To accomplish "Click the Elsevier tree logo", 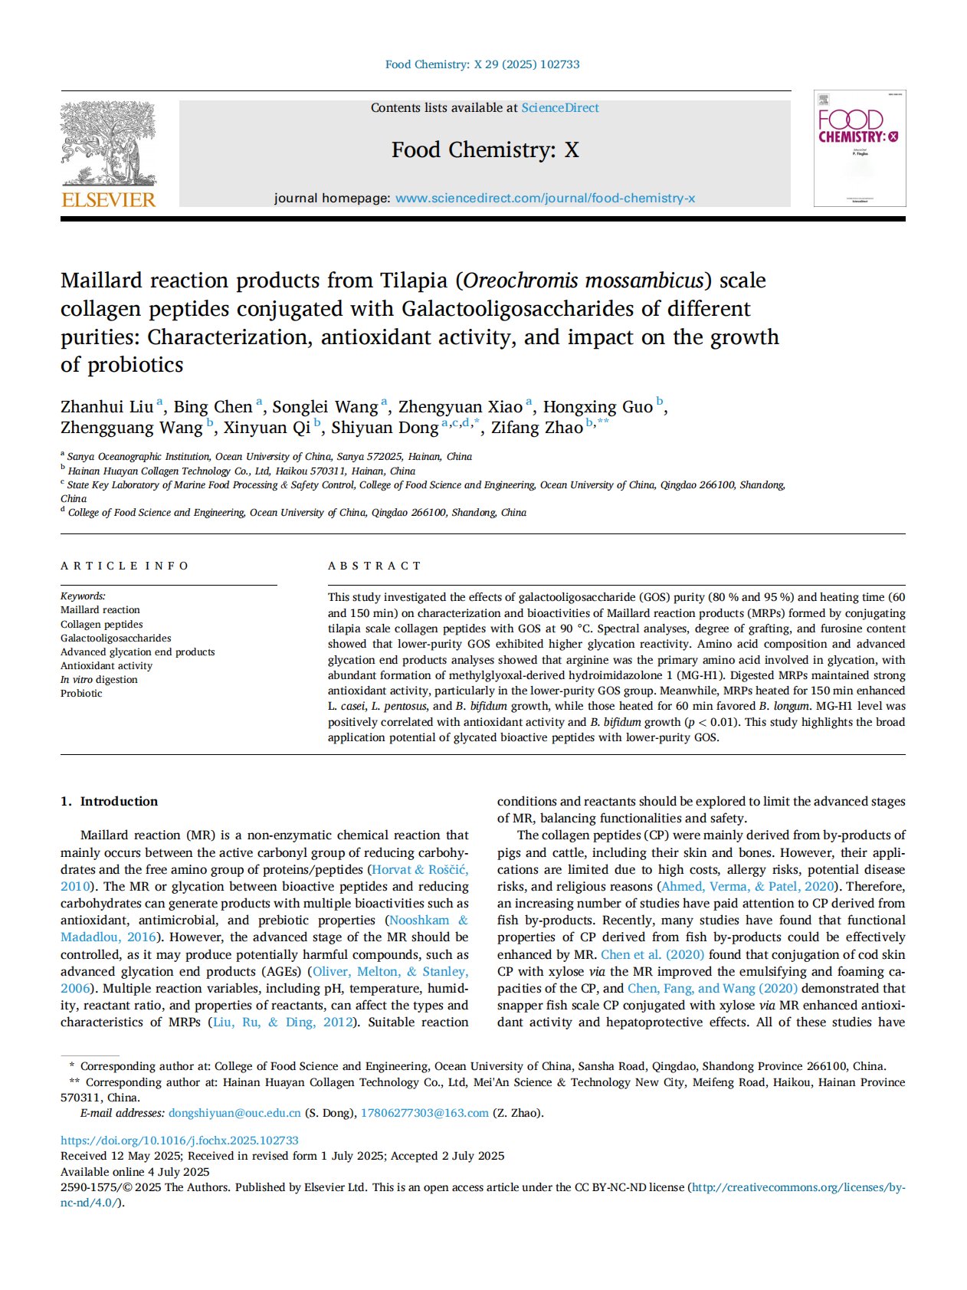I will [x=108, y=143].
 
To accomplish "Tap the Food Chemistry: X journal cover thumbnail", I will [x=859, y=149].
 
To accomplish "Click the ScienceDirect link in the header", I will [x=560, y=108].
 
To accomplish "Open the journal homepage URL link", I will [x=545, y=199].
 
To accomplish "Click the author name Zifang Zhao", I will [x=537, y=428].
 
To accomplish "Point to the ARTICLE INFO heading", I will [x=124, y=566].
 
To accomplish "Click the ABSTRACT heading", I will [x=375, y=566].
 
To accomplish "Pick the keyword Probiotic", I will [x=81, y=694].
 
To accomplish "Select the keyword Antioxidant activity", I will [x=107, y=666].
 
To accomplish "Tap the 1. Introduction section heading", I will [x=110, y=801].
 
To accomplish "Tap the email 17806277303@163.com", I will [x=424, y=1113].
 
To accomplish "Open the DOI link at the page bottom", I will [x=179, y=1141].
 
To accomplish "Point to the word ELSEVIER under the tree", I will [x=108, y=200].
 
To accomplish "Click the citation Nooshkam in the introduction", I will [x=418, y=921].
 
